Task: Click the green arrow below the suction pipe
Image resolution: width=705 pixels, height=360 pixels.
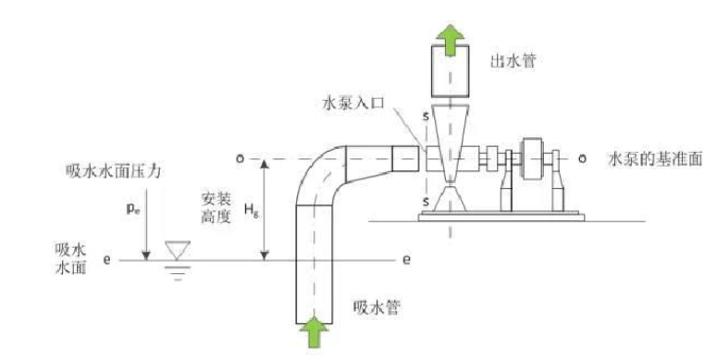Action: [x=316, y=330]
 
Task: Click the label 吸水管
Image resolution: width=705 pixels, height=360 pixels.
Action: [x=376, y=307]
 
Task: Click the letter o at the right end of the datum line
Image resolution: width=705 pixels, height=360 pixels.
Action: [x=581, y=158]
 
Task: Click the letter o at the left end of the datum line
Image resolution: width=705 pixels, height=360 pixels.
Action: [x=239, y=158]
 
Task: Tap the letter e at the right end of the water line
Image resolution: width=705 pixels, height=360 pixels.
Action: [x=405, y=259]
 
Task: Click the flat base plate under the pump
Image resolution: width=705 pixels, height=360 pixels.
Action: [x=500, y=217]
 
